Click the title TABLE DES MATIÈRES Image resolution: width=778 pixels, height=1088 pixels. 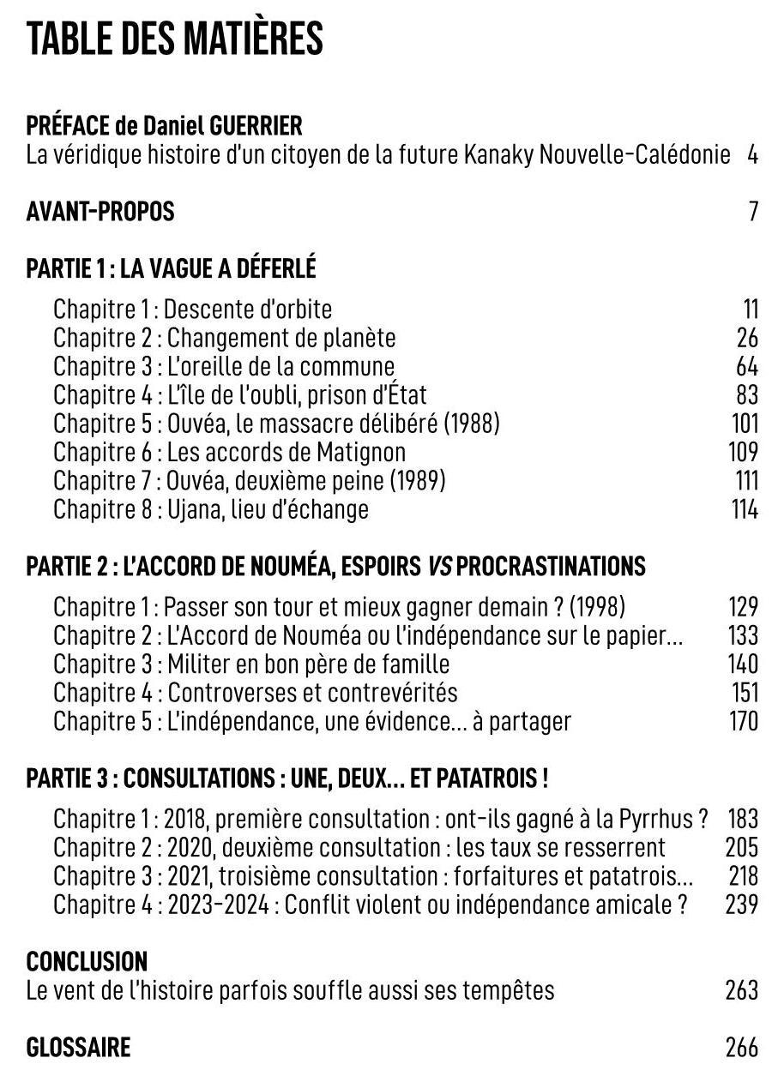[x=174, y=39]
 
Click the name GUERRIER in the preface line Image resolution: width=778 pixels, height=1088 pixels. [x=256, y=127]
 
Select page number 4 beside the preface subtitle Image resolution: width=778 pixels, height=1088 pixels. [x=752, y=156]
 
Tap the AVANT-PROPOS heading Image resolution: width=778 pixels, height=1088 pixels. [x=100, y=212]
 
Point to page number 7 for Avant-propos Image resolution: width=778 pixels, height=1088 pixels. [x=753, y=212]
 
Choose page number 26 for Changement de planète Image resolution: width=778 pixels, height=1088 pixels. [x=747, y=338]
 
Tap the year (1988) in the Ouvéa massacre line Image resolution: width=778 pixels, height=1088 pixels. [x=471, y=424]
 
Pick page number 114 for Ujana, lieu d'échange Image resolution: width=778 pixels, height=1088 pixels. [x=745, y=509]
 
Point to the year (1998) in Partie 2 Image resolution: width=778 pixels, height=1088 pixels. [x=597, y=607]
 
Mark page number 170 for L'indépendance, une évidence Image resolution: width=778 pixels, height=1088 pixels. [x=743, y=721]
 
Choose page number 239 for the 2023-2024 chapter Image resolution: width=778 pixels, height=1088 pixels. [x=742, y=905]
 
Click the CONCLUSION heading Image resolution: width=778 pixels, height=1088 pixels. [x=87, y=961]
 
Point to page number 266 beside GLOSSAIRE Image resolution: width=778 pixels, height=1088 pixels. [x=742, y=1048]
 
